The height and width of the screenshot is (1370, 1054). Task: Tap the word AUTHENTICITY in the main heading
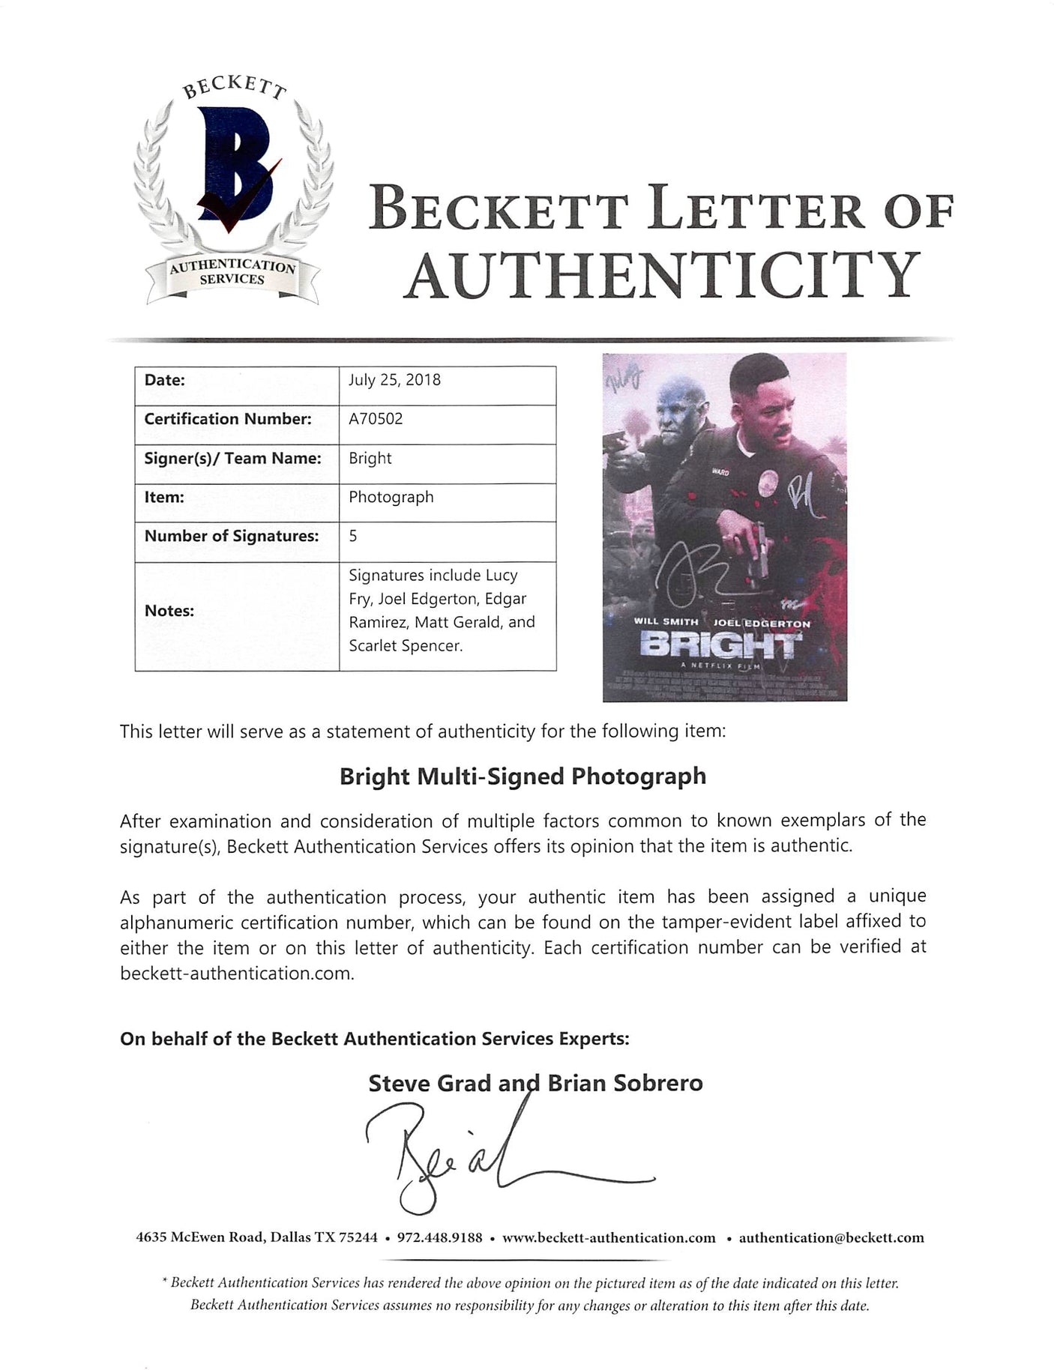[663, 274]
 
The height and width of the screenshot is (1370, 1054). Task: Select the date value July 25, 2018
[394, 380]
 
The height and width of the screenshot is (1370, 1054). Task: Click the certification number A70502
[376, 419]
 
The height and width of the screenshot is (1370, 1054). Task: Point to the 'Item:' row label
[164, 497]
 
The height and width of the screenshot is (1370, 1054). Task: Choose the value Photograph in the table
[391, 497]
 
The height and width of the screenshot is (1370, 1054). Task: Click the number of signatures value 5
[352, 536]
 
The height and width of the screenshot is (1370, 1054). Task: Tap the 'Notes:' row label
[169, 611]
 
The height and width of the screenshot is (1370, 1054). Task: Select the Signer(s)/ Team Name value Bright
[370, 458]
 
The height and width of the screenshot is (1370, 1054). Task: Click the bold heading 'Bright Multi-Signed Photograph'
[523, 776]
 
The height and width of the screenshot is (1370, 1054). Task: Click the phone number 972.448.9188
[440, 1237]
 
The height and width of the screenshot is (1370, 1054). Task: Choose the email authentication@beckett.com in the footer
[831, 1237]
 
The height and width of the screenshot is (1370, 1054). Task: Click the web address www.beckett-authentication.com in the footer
[608, 1237]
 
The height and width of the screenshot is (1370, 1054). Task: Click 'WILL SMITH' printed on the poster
[666, 622]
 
